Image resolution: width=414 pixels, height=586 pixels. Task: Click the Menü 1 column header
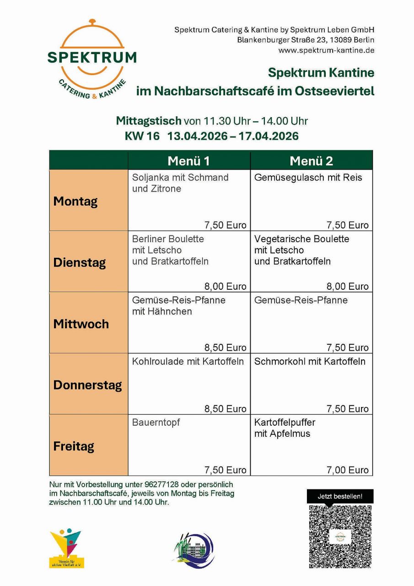pos(188,161)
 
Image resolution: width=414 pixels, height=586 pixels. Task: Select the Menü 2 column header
pos(311,161)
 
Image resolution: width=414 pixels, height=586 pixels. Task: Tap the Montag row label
pos(75,201)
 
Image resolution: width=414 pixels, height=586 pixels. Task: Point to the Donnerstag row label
pos(87,385)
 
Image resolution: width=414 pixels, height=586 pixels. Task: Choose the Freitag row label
pos(74,446)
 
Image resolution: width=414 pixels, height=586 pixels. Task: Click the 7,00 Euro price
pos(347,470)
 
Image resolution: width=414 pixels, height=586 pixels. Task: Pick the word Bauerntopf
pos(156,423)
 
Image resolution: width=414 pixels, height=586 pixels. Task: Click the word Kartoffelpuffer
pos(285,423)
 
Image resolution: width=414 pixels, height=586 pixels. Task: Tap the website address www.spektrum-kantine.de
pos(326,50)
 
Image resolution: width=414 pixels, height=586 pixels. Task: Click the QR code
pos(340,537)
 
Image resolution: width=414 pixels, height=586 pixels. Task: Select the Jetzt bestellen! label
pos(340,496)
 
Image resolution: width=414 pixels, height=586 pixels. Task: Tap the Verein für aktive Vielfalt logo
pos(66,548)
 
